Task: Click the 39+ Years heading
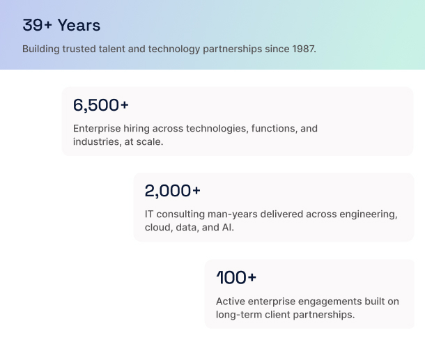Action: coord(61,25)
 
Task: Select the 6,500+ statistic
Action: coord(101,105)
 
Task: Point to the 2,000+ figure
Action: coord(172,191)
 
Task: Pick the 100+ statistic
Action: coord(236,278)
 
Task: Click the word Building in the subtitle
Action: coord(40,49)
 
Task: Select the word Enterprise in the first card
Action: coord(97,128)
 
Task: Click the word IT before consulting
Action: coord(149,214)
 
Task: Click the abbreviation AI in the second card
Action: coord(228,227)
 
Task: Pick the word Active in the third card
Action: coord(231,302)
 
